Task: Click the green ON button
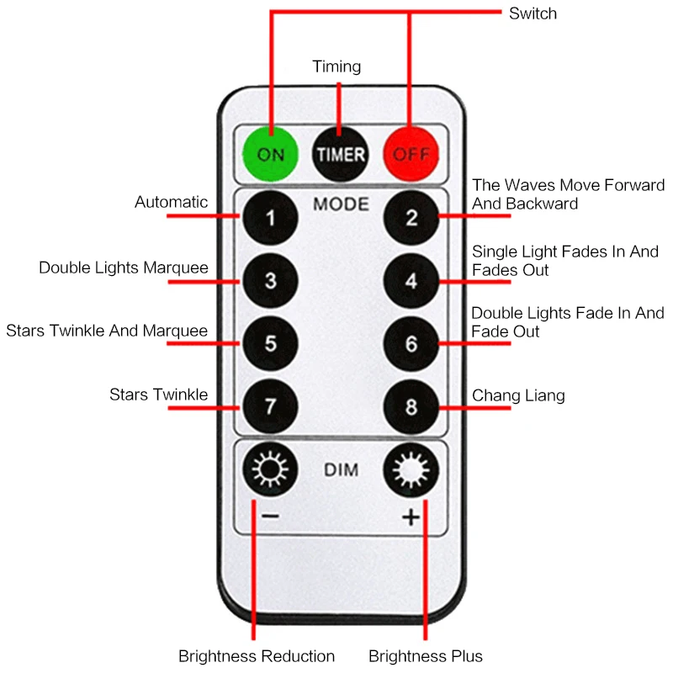point(271,154)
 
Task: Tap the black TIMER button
point(341,154)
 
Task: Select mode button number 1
point(271,218)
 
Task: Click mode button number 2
point(411,218)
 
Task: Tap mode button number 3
point(271,281)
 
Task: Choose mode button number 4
point(411,281)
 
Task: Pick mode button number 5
point(271,344)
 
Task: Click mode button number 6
point(411,344)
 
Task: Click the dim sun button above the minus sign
point(271,471)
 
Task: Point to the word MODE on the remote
point(341,204)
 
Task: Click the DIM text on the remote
point(341,470)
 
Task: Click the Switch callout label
point(533,13)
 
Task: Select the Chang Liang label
point(518,395)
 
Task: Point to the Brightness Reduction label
point(257,656)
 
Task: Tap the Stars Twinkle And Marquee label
point(107,331)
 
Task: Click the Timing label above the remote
point(336,66)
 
